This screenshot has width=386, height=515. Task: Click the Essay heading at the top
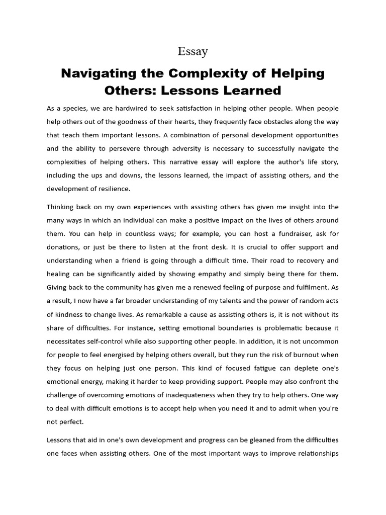pos(193,51)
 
